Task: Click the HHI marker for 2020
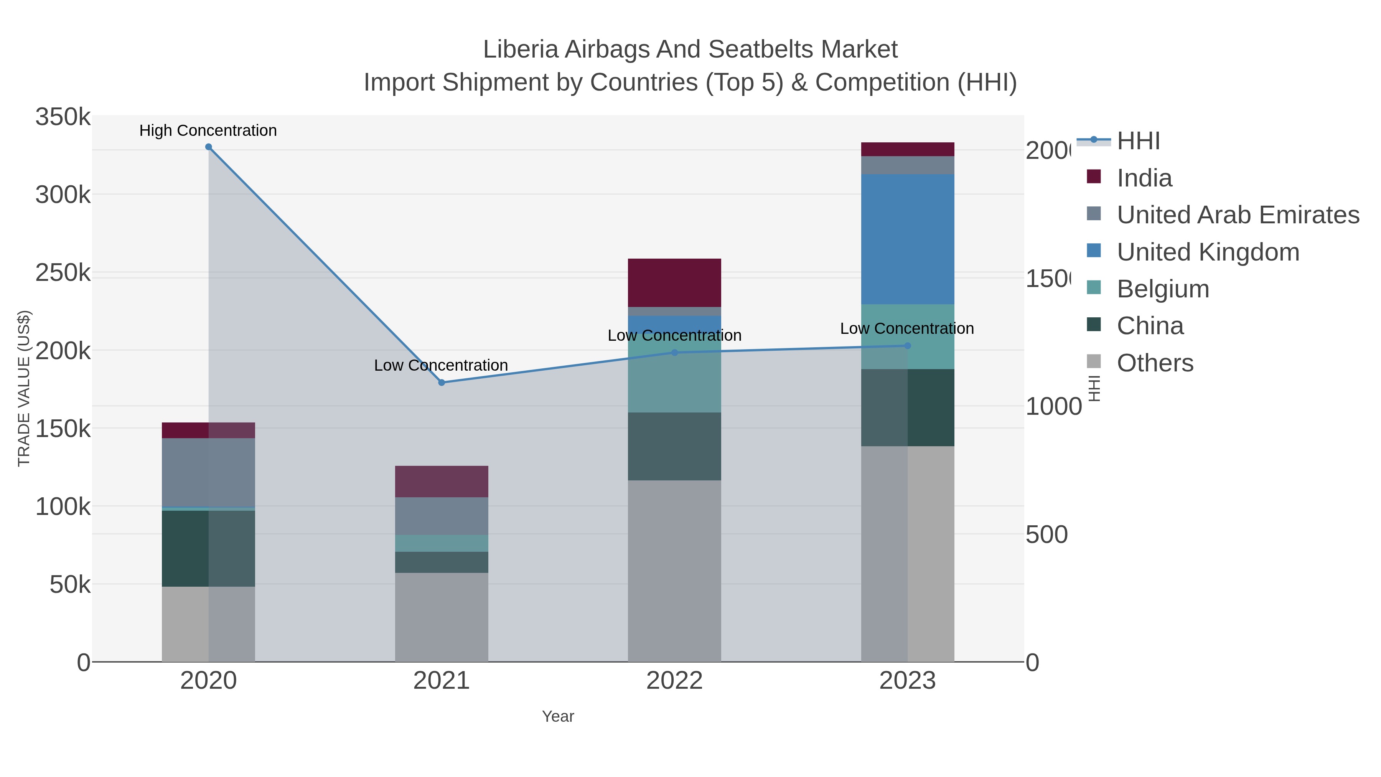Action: (209, 147)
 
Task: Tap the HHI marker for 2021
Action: (441, 382)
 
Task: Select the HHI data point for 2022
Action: (674, 352)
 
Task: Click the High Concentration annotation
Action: (208, 130)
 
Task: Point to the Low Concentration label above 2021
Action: (441, 365)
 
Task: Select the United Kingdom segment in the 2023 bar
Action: (907, 239)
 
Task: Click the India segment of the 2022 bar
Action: (674, 282)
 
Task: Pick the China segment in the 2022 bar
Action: (674, 446)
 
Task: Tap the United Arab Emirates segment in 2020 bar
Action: (209, 472)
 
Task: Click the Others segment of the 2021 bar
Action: (441, 617)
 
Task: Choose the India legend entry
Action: (1144, 178)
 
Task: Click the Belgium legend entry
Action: (1163, 289)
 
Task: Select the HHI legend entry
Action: (1138, 141)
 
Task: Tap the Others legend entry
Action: (1155, 363)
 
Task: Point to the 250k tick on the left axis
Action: (63, 273)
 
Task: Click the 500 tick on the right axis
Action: (1046, 534)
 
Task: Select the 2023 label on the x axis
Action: (907, 680)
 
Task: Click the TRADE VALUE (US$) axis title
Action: (24, 388)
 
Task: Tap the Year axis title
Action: (557, 716)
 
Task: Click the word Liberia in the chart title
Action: (521, 49)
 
